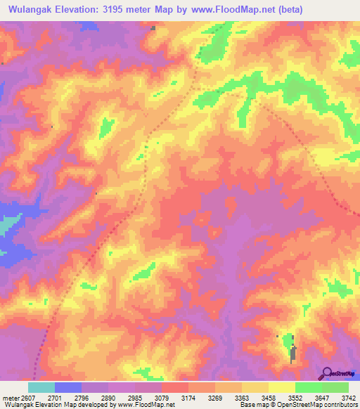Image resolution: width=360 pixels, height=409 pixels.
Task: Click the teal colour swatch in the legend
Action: (41, 387)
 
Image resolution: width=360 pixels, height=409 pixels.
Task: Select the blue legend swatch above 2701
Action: (68, 387)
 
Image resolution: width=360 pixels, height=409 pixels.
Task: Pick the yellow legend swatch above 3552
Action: (282, 387)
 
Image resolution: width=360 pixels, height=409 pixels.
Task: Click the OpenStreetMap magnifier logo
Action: (327, 374)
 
